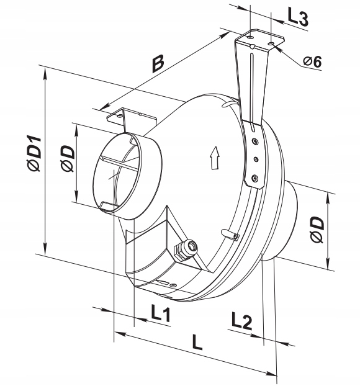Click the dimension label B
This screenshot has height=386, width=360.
[x=158, y=64]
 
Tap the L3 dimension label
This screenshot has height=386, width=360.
[x=298, y=19]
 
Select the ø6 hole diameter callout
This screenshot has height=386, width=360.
[x=312, y=61]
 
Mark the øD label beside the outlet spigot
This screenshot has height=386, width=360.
[x=317, y=230]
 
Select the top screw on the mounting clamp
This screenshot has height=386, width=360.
[x=254, y=141]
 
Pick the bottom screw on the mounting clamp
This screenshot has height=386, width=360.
[x=255, y=177]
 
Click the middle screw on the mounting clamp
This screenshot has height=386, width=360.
[x=256, y=159]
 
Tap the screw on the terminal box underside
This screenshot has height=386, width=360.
[x=174, y=285]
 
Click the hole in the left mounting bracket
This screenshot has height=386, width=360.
[x=120, y=115]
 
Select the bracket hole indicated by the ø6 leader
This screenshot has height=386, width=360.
[x=271, y=44]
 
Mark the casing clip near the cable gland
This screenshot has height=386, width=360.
[x=230, y=234]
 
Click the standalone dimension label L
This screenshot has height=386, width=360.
[x=197, y=342]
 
